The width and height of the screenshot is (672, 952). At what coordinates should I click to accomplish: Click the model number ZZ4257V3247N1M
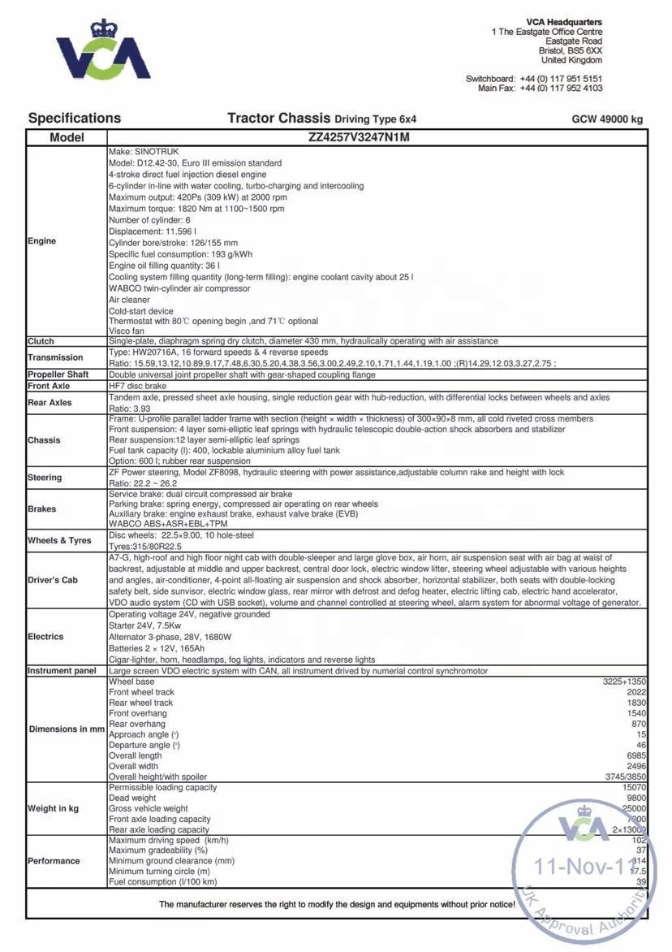tap(359, 137)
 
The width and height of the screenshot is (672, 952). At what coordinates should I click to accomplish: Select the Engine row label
tap(42, 241)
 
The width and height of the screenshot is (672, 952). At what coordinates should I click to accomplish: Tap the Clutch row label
tap(41, 341)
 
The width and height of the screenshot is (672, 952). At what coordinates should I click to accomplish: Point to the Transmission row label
tap(55, 357)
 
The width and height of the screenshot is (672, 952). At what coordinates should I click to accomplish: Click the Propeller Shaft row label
tap(58, 374)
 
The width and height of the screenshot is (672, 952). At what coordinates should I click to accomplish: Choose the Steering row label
tap(45, 478)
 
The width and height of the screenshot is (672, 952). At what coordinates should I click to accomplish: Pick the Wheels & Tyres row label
tap(59, 540)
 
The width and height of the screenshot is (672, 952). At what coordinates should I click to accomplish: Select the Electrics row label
tap(45, 637)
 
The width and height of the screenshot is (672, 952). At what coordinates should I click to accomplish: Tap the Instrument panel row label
tap(62, 671)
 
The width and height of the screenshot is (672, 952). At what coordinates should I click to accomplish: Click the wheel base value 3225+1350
tap(624, 682)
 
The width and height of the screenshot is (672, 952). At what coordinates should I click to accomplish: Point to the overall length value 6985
tap(636, 755)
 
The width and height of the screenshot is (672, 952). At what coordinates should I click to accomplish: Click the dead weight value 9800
tap(636, 798)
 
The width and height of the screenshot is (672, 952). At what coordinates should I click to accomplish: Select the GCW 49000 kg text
tap(607, 119)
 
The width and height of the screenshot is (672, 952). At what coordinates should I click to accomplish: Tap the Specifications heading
tap(74, 119)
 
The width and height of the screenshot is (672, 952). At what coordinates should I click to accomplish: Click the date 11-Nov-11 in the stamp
tap(581, 867)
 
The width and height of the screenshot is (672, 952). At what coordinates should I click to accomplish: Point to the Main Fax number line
tap(540, 88)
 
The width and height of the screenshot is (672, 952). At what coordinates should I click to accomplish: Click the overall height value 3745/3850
tap(624, 777)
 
